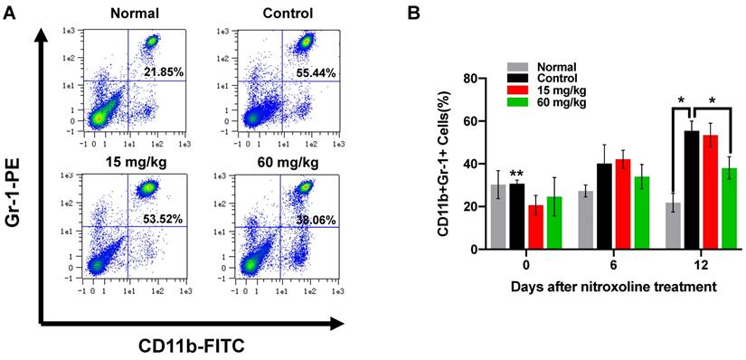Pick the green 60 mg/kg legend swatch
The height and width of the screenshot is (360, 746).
coord(518,104)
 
